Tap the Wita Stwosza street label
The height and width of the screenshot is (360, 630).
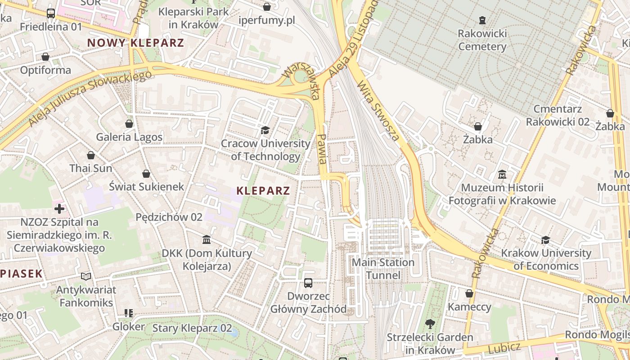(x=378, y=111)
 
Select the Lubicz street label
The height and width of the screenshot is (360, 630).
(x=504, y=347)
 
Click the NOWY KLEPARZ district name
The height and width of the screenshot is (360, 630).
(x=135, y=43)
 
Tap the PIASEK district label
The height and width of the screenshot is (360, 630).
(x=21, y=274)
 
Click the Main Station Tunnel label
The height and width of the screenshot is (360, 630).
(x=383, y=269)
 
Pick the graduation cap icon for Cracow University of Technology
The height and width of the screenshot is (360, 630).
(x=265, y=130)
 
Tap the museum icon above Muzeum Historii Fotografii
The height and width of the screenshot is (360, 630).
(x=502, y=174)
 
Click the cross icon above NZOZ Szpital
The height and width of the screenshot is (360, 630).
(x=59, y=209)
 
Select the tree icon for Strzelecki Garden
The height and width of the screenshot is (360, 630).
(x=430, y=324)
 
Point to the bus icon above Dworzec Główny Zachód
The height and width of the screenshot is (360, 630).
(x=308, y=283)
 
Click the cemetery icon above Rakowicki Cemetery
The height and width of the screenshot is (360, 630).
(x=482, y=20)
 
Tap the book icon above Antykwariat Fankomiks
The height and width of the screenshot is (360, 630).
(x=86, y=276)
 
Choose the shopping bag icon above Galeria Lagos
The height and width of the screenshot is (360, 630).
(x=129, y=124)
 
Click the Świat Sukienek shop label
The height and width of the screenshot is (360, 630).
(x=147, y=186)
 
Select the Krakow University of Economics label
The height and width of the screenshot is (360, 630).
(x=546, y=259)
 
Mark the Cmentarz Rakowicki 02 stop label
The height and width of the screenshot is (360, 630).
(x=558, y=115)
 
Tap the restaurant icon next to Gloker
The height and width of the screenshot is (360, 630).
(x=129, y=313)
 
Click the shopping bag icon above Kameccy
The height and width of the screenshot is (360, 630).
(x=469, y=294)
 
